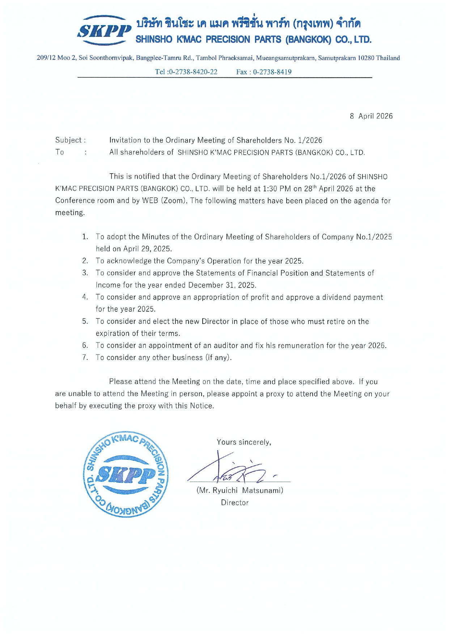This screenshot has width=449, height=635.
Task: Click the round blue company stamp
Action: (x=126, y=474)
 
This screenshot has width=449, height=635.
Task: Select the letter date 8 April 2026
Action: (x=371, y=116)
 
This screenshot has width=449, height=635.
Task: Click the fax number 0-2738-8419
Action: (x=272, y=72)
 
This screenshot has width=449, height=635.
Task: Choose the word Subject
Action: (x=68, y=140)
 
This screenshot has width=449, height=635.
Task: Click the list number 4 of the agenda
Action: (x=85, y=297)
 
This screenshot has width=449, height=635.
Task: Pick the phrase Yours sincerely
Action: (x=244, y=442)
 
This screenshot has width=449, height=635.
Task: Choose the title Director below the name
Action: (x=235, y=503)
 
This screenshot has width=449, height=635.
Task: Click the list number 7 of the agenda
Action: (x=85, y=358)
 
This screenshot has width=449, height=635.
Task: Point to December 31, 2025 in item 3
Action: (x=222, y=285)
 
